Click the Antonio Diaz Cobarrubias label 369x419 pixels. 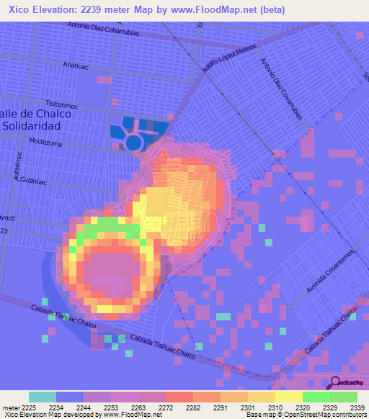point(105,26)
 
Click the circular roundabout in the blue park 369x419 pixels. point(133,141)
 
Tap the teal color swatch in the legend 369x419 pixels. point(43,397)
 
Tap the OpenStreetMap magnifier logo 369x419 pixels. point(335,382)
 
